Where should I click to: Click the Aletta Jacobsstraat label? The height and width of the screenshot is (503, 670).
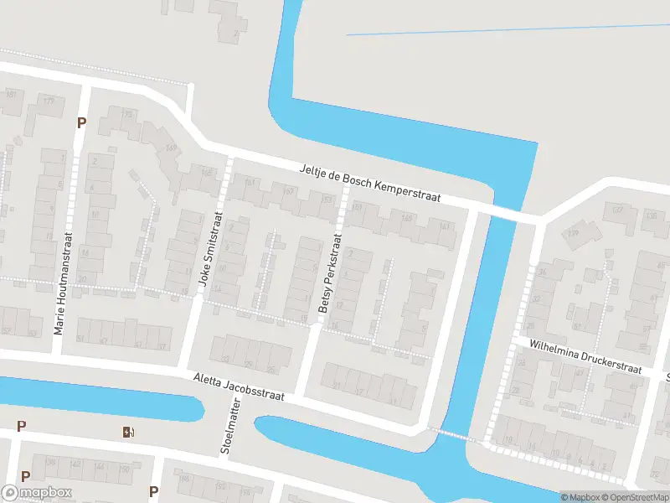[x=239, y=386]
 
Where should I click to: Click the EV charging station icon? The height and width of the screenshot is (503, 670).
[x=128, y=432]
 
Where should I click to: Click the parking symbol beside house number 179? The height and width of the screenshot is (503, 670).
[x=81, y=122]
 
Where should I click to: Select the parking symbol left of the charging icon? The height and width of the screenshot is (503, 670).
[x=21, y=426]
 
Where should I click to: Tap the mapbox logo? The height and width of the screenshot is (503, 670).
[x=34, y=493]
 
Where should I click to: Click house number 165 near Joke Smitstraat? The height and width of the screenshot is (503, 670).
[x=206, y=171]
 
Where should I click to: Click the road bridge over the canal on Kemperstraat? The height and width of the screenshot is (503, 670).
[x=508, y=213]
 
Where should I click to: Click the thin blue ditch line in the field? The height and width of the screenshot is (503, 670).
[x=502, y=29]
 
